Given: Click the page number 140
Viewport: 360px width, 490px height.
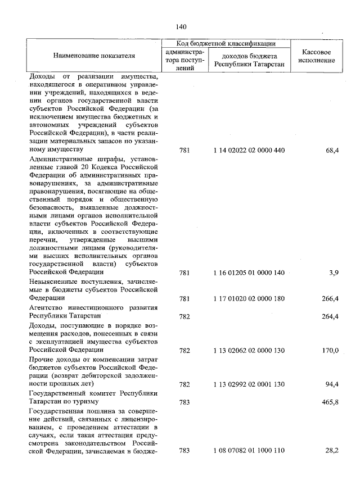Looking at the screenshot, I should point(181,27).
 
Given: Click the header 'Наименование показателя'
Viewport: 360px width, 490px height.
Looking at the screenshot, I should point(94,56).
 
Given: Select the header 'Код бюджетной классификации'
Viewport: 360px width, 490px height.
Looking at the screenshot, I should point(226,43).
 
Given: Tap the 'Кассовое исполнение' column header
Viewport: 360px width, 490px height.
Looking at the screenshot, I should point(314,56).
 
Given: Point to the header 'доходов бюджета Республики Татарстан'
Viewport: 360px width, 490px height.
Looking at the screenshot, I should point(249,60).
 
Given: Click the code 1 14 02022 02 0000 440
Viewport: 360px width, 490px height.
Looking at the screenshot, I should point(249,151).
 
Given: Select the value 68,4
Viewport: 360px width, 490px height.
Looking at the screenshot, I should point(331,151).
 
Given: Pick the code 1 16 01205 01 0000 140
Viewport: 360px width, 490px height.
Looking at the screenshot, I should point(249,273).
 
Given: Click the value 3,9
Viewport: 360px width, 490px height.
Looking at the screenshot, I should point(333,273).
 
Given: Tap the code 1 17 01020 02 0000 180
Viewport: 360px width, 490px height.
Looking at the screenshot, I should point(249,298).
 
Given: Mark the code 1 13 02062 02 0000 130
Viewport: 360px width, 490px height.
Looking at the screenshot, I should point(249,350).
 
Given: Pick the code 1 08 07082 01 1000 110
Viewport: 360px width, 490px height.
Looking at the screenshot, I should point(249,451).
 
